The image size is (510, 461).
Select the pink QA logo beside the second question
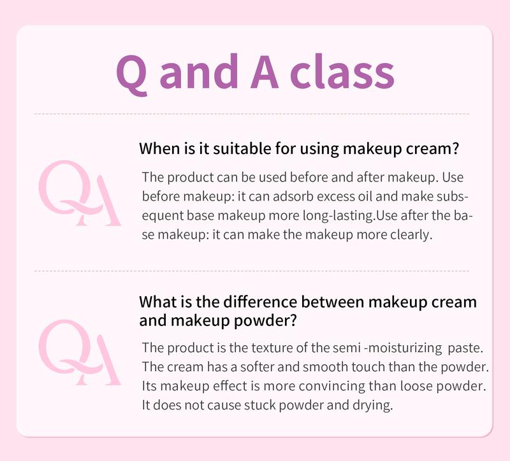[x=80, y=352]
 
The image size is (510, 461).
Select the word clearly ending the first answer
[x=412, y=235]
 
